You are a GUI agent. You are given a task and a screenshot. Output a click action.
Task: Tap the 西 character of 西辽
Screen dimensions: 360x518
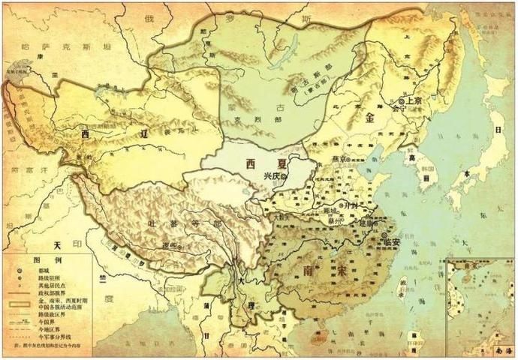(x=87, y=136)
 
